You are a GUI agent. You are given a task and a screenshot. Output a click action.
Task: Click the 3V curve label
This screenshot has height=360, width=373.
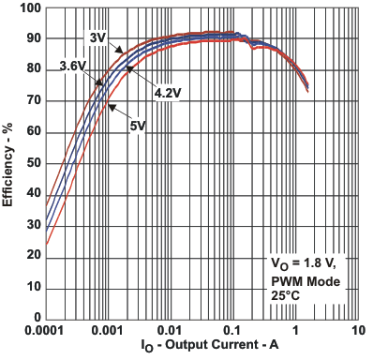coord(98,37)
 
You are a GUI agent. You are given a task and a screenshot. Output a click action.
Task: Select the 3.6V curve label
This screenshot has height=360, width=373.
coord(74,66)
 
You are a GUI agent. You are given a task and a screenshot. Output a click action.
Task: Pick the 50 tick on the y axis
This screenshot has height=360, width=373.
coord(32,163)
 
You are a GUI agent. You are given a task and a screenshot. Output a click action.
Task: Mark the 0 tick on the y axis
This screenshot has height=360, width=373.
coord(36,318)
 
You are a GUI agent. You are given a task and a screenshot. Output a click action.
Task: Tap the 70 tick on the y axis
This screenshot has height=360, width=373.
coord(32,101)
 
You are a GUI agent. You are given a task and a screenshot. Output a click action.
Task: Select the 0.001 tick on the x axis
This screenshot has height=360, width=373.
coord(108,332)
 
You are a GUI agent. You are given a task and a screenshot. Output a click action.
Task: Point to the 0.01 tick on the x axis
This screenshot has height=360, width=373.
coord(171,332)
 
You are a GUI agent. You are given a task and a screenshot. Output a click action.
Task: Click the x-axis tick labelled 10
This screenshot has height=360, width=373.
coord(357,332)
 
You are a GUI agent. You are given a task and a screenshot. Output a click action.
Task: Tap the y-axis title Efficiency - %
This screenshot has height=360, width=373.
coord(9,163)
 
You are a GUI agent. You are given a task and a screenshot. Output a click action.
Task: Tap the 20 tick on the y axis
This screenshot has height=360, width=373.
coord(32,256)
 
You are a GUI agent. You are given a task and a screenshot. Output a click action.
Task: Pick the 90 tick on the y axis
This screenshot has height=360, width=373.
coord(32,39)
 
